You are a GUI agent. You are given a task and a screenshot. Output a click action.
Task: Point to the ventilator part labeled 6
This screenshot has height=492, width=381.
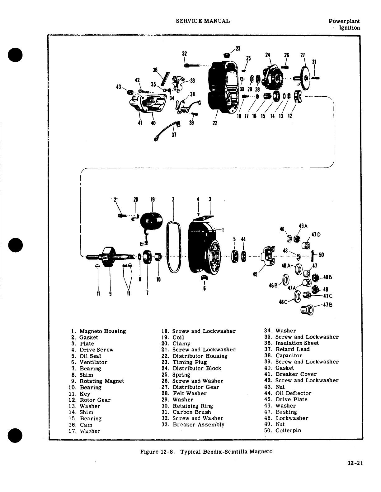coord(204,278)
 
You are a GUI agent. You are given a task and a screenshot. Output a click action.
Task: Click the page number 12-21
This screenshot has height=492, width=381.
coord(355,463)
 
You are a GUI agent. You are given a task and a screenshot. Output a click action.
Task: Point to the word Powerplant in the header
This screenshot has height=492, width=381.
coord(344,21)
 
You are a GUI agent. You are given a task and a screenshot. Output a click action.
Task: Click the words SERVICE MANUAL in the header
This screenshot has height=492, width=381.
coord(203,21)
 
